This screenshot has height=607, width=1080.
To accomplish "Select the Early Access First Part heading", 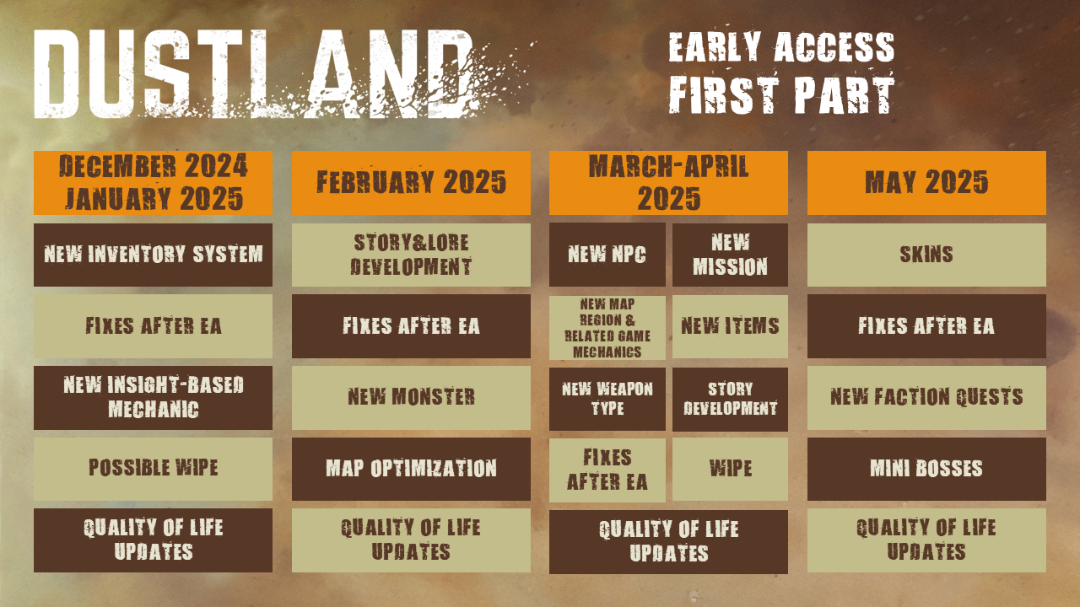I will pos(781,73).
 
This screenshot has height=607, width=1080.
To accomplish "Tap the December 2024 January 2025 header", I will pos(153,183).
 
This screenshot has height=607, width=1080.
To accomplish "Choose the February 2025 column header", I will pos(411,183).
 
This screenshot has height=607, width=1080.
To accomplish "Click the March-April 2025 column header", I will pos(668,183).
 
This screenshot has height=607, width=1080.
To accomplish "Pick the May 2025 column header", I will pos(926,183).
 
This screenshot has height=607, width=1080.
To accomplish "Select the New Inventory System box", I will pos(153,255).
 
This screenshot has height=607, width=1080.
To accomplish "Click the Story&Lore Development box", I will pos(411,255).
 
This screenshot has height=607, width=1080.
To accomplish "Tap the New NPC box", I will pos(607,255).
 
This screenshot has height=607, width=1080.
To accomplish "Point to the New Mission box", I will pos(730,255).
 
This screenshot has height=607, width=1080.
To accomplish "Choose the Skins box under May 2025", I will pos(926,255).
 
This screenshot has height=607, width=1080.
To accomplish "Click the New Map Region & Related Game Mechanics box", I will pos(607,327).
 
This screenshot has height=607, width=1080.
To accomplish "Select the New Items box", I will pos(730,327).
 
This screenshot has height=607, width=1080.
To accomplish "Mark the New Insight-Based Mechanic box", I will pos(153,398).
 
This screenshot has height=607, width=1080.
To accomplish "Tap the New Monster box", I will pos(411,398).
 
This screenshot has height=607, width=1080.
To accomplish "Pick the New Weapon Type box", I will pos(607,399).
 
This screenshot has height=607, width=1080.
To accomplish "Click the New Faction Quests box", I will pos(926,398).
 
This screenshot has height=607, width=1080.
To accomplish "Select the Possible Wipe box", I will pos(153,469).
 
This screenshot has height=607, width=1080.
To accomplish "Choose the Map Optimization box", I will pos(411,469).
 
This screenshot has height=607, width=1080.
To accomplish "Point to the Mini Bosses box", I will pos(926,469).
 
